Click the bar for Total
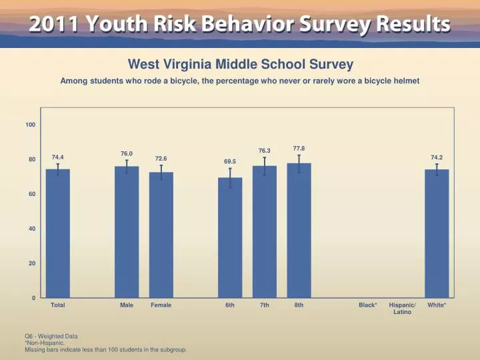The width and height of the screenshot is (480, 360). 58,233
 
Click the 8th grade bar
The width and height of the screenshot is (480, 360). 299,231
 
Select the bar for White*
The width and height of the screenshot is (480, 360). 437,233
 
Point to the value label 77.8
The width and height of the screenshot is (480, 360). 299,148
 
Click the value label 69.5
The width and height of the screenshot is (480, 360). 230,162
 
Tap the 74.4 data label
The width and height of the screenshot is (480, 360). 58,157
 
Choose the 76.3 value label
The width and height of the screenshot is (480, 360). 265,151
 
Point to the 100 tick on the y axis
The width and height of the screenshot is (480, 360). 31,125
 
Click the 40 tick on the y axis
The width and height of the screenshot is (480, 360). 32,229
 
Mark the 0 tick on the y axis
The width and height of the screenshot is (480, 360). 33,298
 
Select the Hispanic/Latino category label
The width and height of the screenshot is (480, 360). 402,308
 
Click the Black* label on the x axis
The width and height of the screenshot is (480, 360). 368,305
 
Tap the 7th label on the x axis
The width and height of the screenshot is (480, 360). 265,305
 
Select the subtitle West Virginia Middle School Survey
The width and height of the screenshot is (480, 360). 240,65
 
